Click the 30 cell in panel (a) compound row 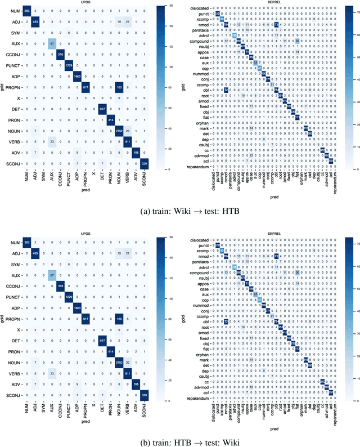pyautogui.click(x=297, y=41)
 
